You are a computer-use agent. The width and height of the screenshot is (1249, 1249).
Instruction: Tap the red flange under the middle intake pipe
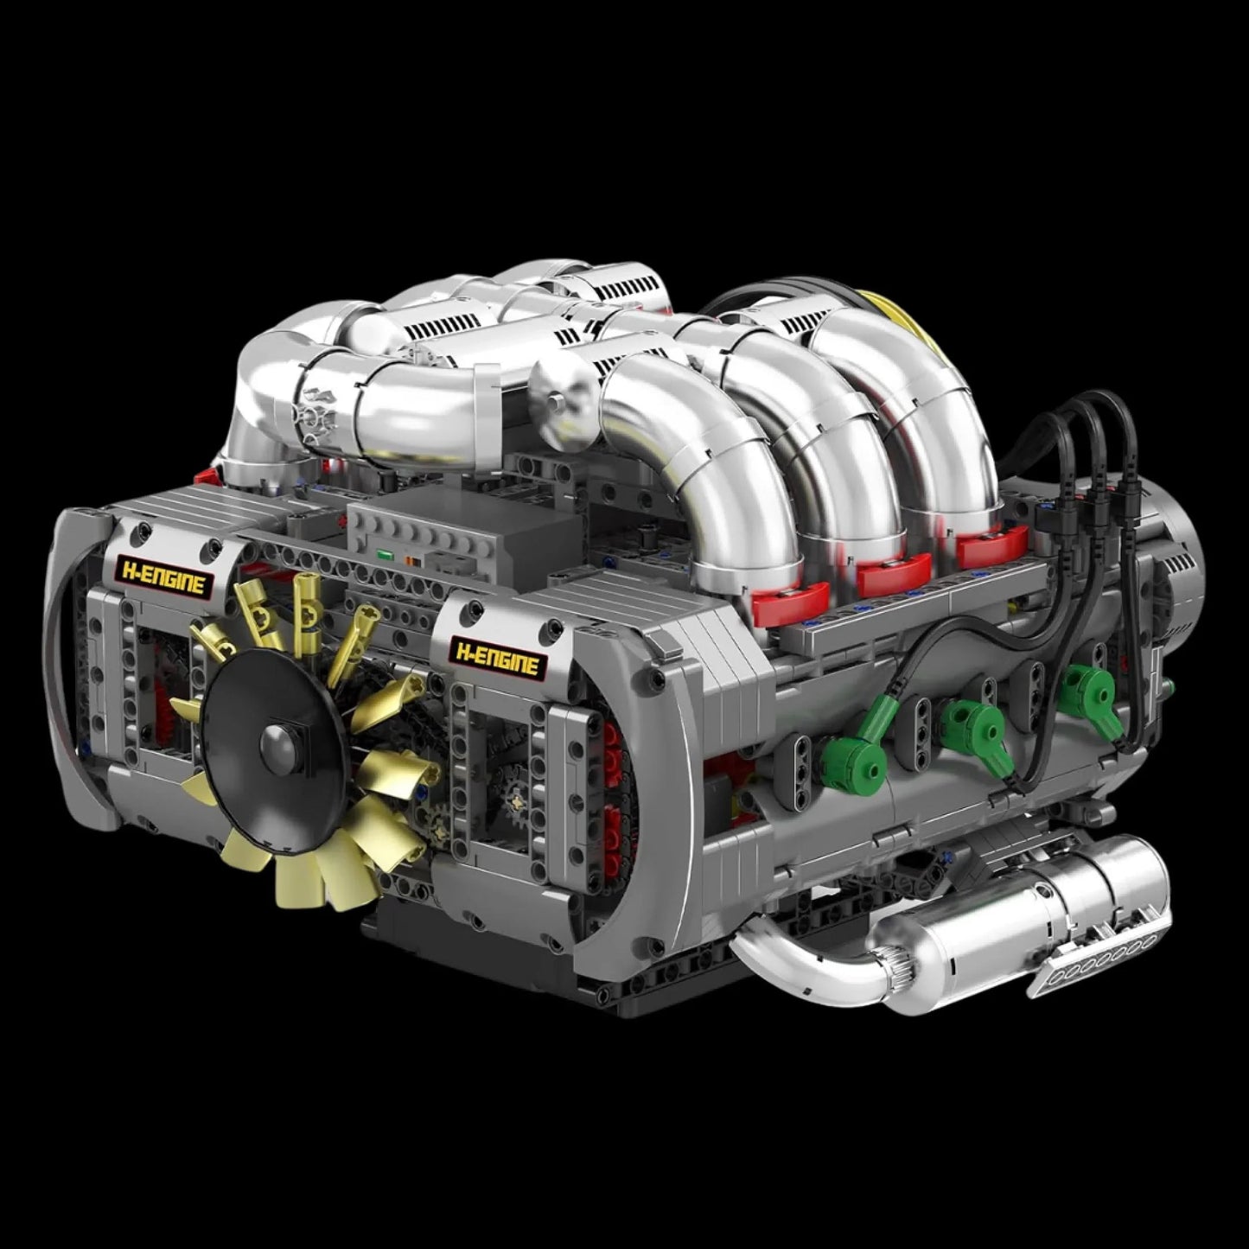coord(890,570)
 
